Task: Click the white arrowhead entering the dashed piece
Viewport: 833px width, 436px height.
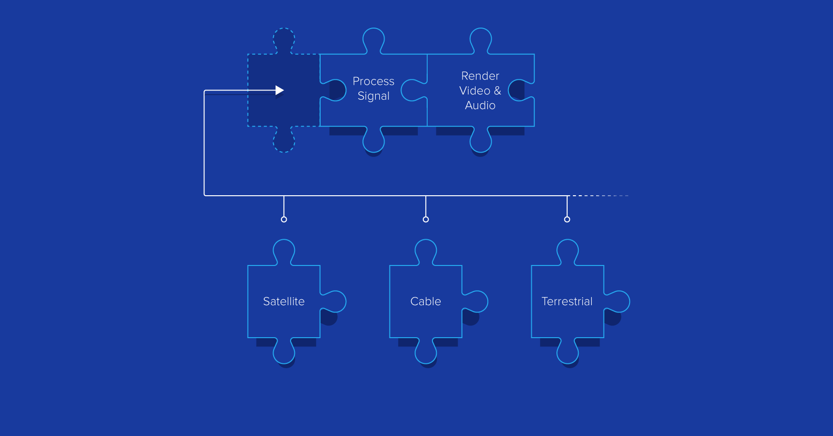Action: click(279, 90)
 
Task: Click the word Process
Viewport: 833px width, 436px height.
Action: click(373, 81)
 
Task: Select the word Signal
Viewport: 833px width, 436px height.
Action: click(373, 96)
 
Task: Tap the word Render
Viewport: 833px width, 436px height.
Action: click(480, 76)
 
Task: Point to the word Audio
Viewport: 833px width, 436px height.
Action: click(480, 106)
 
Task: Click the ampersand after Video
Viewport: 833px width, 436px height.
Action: click(497, 91)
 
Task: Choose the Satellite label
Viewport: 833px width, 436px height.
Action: click(284, 301)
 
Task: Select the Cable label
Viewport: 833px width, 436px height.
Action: click(425, 301)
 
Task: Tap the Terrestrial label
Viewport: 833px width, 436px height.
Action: click(567, 301)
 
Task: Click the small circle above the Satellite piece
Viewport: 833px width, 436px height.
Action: click(284, 219)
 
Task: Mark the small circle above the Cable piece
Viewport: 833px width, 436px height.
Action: click(426, 219)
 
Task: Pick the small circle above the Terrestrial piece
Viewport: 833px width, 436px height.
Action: click(567, 219)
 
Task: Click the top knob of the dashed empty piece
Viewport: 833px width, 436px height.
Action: click(284, 39)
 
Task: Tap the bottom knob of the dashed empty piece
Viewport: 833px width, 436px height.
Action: click(284, 142)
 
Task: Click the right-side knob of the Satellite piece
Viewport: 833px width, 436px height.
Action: click(335, 301)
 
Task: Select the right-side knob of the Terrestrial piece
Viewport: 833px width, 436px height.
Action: click(618, 301)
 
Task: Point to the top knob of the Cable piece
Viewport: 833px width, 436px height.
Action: click(426, 250)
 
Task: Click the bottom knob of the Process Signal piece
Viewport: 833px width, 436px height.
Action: click(373, 141)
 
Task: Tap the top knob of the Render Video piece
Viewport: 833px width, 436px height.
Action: click(480, 39)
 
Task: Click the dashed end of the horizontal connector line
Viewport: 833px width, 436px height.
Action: click(601, 196)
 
